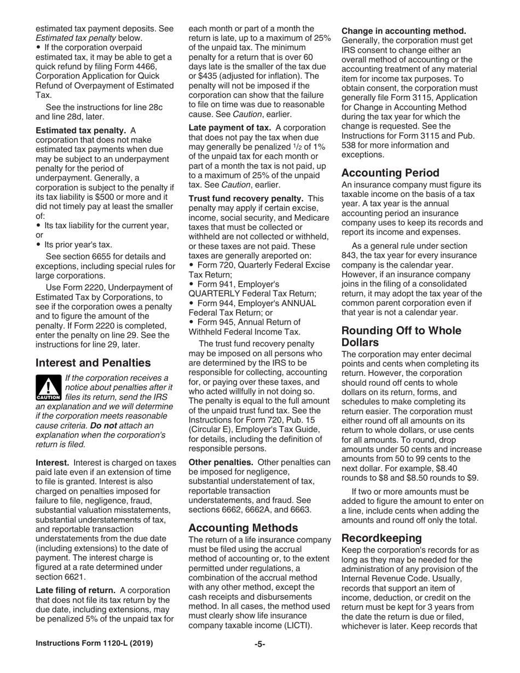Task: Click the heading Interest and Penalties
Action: click(93, 363)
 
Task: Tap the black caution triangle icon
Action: click(47, 387)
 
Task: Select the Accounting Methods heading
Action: click(244, 528)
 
